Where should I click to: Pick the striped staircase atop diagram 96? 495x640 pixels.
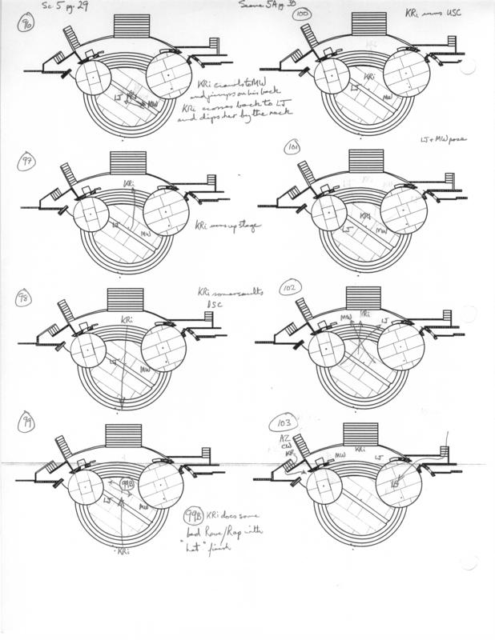tap(132, 24)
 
